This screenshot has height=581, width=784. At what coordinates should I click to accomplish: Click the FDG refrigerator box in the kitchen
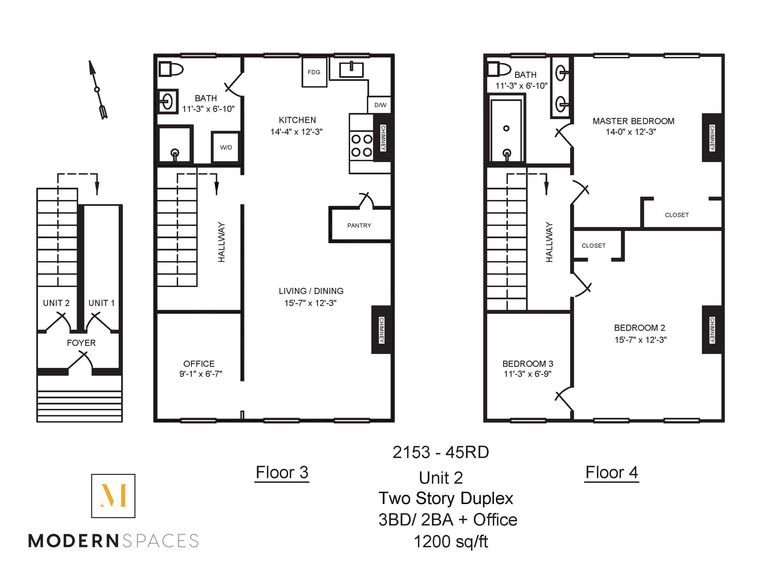[x=314, y=72]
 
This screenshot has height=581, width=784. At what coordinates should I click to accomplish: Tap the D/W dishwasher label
[x=380, y=105]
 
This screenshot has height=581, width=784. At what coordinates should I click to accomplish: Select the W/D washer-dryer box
[x=226, y=147]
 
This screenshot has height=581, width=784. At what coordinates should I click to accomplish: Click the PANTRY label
[x=359, y=225]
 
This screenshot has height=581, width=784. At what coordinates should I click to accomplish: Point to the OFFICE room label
[x=199, y=364]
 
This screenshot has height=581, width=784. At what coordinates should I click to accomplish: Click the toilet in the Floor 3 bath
[x=171, y=69]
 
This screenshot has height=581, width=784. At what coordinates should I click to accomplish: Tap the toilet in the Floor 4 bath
[x=499, y=69]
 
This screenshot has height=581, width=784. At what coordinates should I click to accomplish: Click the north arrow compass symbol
[x=97, y=90]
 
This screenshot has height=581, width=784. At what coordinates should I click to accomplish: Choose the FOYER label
[x=81, y=343]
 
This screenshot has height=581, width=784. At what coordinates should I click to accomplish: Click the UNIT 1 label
[x=101, y=303]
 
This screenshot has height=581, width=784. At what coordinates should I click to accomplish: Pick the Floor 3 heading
[x=282, y=472]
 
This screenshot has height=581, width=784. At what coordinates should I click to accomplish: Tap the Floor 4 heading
[x=611, y=472]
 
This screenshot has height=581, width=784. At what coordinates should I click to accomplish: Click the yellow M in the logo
[x=113, y=496]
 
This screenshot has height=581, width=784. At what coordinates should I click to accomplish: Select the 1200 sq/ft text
[x=451, y=542]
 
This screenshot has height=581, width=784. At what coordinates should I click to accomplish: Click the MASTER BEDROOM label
[x=633, y=121]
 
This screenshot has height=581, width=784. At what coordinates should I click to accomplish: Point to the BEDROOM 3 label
[x=528, y=364]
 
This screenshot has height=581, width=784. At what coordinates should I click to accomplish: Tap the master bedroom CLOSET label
[x=677, y=215]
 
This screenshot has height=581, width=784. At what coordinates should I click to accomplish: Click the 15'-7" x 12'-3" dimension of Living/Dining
[x=310, y=303]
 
